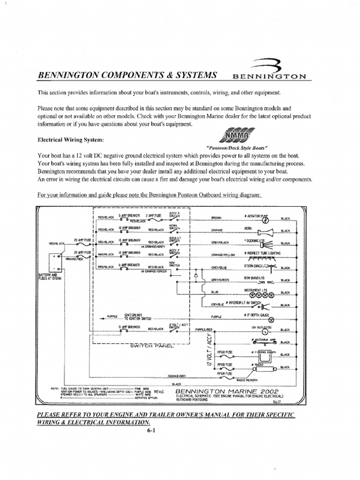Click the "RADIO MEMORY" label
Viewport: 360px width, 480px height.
pyautogui.click(x=248, y=380)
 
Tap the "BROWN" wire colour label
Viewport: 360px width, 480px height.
pyautogui.click(x=216, y=217)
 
